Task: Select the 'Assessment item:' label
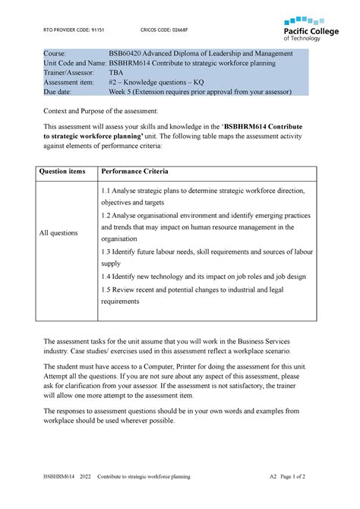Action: tap(73, 87)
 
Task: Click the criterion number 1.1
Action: tap(106, 191)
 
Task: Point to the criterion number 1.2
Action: tap(106, 216)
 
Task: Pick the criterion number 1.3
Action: tap(106, 251)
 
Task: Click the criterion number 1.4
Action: tap(106, 277)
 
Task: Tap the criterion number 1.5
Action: tap(106, 289)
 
